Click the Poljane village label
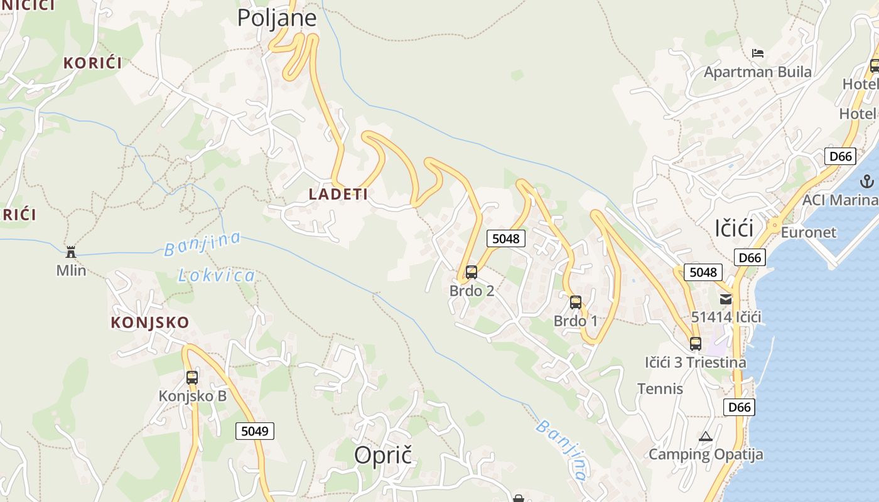[x=277, y=18]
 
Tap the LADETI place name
[x=338, y=195]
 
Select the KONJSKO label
[x=150, y=323]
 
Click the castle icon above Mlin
[x=71, y=252]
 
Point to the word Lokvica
[x=217, y=275]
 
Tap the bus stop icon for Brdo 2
[x=472, y=272]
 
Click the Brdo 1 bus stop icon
[x=576, y=302]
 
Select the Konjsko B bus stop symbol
[x=192, y=378]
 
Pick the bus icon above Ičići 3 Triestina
[x=695, y=344]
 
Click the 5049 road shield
[x=255, y=431]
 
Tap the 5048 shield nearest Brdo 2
[x=506, y=238]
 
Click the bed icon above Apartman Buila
[x=758, y=53]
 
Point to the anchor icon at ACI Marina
[x=866, y=182]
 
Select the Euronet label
[x=809, y=232]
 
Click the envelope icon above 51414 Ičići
[x=726, y=299]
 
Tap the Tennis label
[x=661, y=388]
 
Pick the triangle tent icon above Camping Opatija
[x=706, y=436]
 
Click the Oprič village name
[x=383, y=456]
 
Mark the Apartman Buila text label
[x=758, y=72]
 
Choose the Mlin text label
[x=71, y=271]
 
